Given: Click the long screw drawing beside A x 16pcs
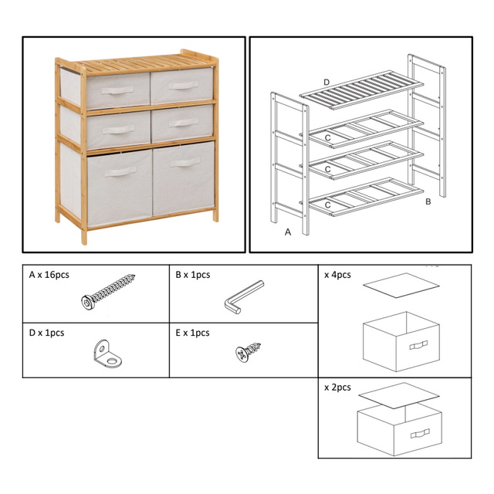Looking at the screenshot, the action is coord(108,292).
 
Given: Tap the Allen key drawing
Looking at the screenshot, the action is coord(244,297).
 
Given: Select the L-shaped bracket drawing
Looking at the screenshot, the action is coord(107,354).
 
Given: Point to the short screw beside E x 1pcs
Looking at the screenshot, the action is coord(248,351).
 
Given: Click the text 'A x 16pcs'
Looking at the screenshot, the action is coord(49,275).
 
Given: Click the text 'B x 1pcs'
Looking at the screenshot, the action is coord(193,275).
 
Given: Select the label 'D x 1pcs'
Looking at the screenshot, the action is coord(46,333).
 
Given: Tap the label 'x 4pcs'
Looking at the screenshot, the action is coord(337,275).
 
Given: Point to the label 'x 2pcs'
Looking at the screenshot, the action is coord(337,387).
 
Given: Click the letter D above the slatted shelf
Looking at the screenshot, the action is coord(327,83).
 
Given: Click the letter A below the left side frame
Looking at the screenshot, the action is coord(288,232).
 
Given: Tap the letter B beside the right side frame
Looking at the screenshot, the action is coord(428,201).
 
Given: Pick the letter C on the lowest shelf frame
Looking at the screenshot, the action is coord(327,205).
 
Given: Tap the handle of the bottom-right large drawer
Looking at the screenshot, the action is coord(185,163).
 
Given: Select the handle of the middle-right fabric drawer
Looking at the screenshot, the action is coord(184,122).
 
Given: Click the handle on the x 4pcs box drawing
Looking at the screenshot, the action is coord(418,345).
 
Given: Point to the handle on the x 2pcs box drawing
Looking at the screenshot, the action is coord(420,434).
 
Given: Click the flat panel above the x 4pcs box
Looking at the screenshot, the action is coord(401,285).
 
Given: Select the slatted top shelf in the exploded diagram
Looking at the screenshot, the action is coord(361,90).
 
